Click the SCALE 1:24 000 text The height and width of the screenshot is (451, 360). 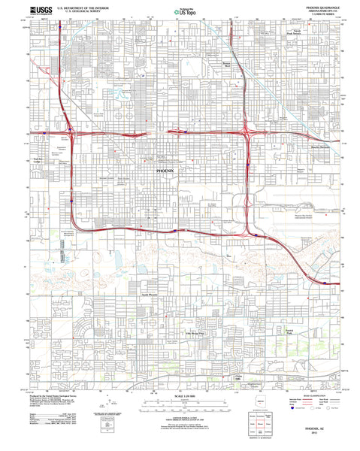point(182,396)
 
